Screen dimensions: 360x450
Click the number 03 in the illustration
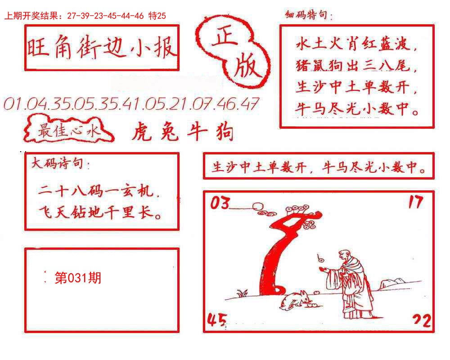pyautogui.click(x=220, y=204)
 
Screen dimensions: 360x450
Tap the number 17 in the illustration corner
pyautogui.click(x=415, y=202)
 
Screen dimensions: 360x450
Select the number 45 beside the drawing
pyautogui.click(x=216, y=320)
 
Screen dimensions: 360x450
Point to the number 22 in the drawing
pyautogui.click(x=422, y=320)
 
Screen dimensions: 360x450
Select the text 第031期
pyautogui.click(x=77, y=278)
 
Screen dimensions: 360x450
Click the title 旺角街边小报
pyautogui.click(x=102, y=48)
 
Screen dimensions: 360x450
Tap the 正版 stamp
pyautogui.click(x=234, y=51)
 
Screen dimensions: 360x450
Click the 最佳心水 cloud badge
pyautogui.click(x=68, y=131)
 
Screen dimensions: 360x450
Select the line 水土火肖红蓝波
pyautogui.click(x=357, y=45)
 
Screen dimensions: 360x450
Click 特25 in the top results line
pyautogui.click(x=157, y=16)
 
